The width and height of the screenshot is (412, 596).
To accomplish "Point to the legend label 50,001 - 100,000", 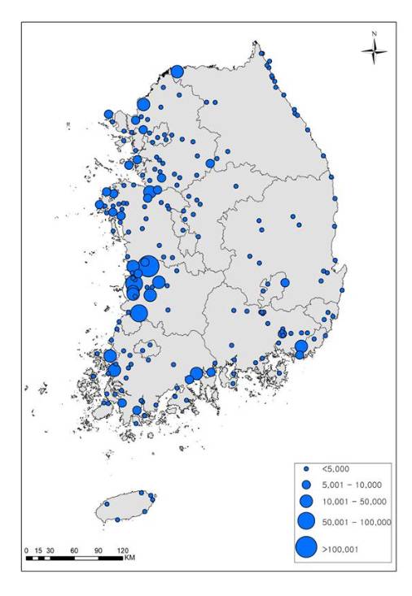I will (x=357, y=522).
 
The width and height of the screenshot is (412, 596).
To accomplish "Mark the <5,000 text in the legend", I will (x=337, y=470).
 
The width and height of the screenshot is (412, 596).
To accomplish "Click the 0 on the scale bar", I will (x=26, y=550).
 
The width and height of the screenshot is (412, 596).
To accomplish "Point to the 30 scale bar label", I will (x=50, y=550).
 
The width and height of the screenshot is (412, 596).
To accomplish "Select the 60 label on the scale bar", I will (x=74, y=550).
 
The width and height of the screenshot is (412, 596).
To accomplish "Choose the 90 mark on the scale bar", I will (x=99, y=550).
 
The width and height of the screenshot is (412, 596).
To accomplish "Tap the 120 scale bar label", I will (x=123, y=550).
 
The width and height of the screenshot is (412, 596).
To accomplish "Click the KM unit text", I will (x=129, y=559).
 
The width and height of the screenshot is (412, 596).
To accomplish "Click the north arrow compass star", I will (x=375, y=53).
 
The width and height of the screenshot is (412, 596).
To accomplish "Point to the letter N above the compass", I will (x=375, y=34).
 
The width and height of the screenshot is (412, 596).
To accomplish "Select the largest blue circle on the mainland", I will (x=148, y=266).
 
